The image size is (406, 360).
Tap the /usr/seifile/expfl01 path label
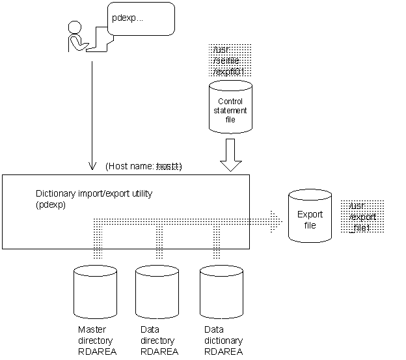click(x=230, y=61)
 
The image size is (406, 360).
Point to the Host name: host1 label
click(x=143, y=167)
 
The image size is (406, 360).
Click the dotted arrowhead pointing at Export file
click(x=276, y=223)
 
